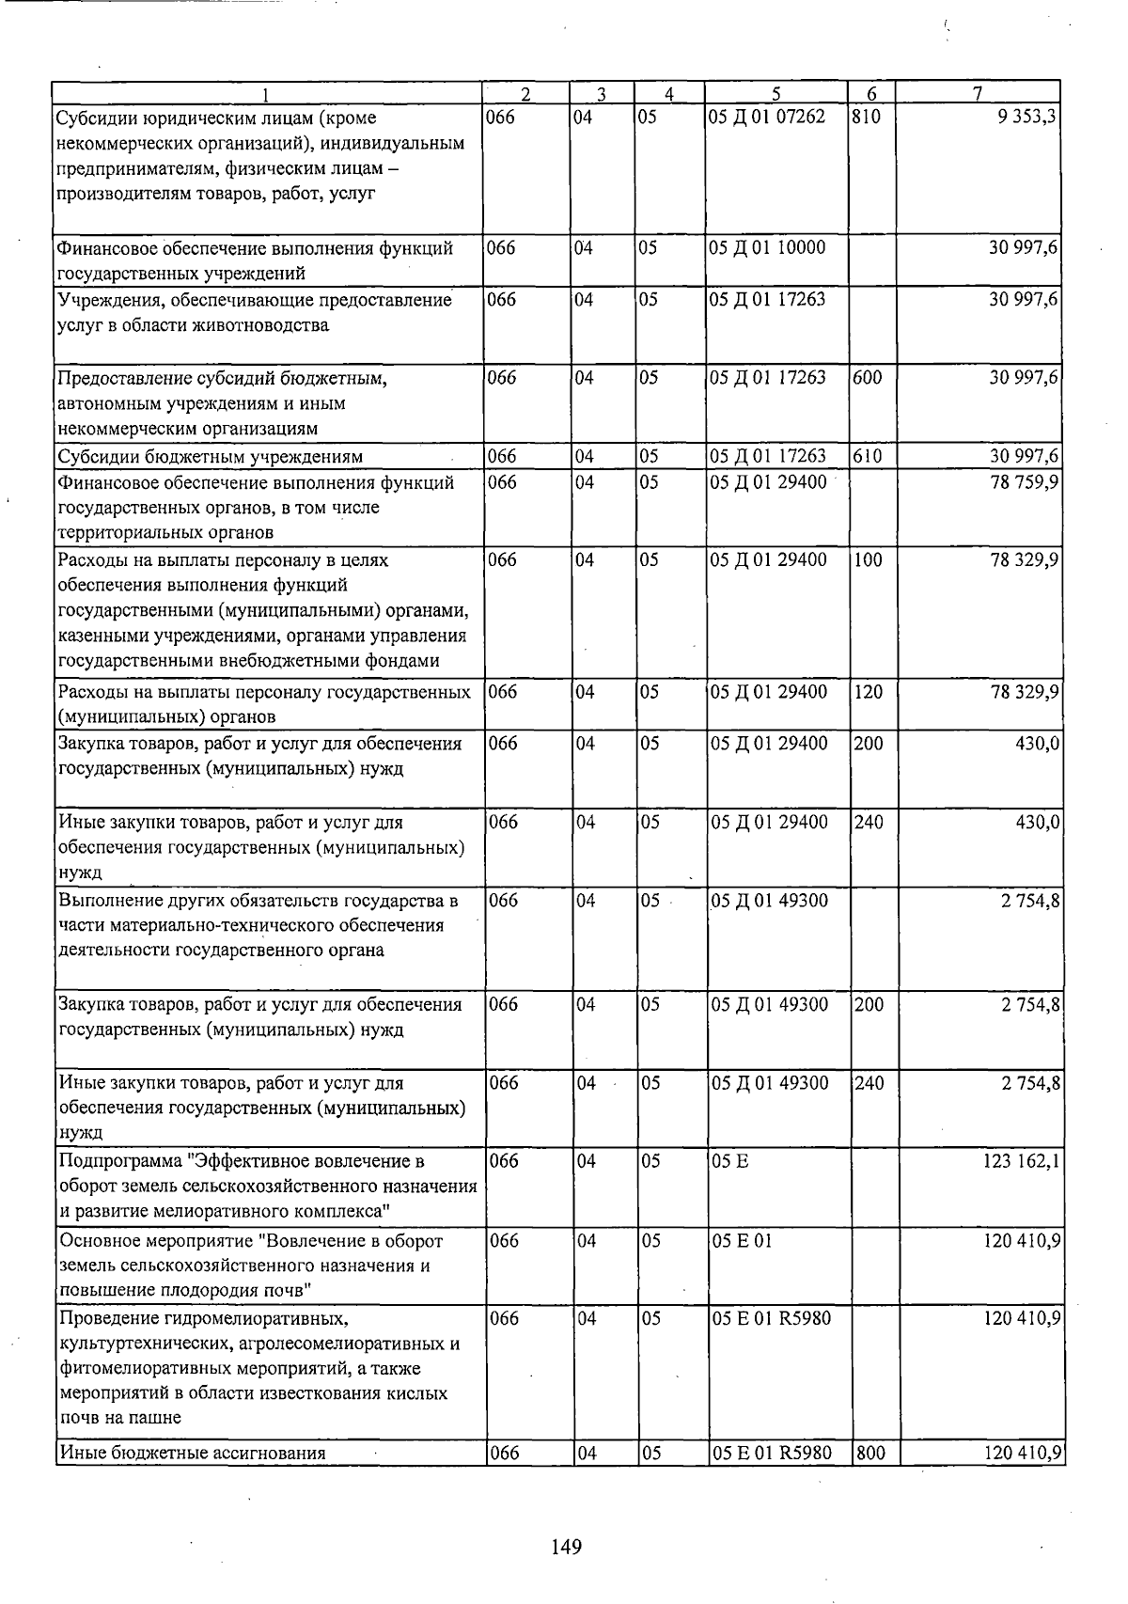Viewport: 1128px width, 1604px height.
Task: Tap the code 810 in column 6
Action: [x=868, y=118]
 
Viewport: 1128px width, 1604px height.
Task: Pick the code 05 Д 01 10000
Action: [x=768, y=248]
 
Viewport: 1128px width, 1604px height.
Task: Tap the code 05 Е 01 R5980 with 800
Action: [x=772, y=1453]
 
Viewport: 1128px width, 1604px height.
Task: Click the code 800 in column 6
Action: [x=870, y=1453]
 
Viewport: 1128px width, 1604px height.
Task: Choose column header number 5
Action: [x=775, y=93]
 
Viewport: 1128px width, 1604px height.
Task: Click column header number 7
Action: [x=978, y=93]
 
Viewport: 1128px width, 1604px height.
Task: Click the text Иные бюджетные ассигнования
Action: [x=192, y=1453]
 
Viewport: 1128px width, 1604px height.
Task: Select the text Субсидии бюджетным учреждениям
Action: [x=211, y=457]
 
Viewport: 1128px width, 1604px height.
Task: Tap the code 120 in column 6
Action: [x=869, y=692]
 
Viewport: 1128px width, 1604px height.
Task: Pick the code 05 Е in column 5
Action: [x=730, y=1161]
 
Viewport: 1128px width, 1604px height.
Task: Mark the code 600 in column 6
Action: [x=869, y=378]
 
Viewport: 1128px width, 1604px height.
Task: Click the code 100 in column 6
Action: [x=869, y=560]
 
